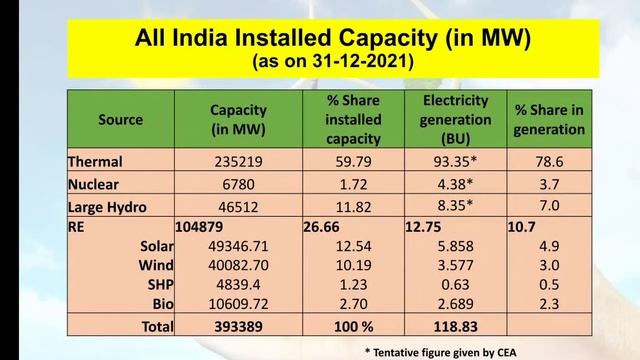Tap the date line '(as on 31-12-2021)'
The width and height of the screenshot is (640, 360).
319,61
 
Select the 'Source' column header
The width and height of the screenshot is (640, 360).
120,120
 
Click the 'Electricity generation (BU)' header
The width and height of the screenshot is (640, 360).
455,119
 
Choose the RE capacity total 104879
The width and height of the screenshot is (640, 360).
204,228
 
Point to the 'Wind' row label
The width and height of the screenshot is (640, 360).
156,265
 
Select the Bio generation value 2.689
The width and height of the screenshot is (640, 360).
455,303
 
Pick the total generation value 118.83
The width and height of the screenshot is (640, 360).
455,326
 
